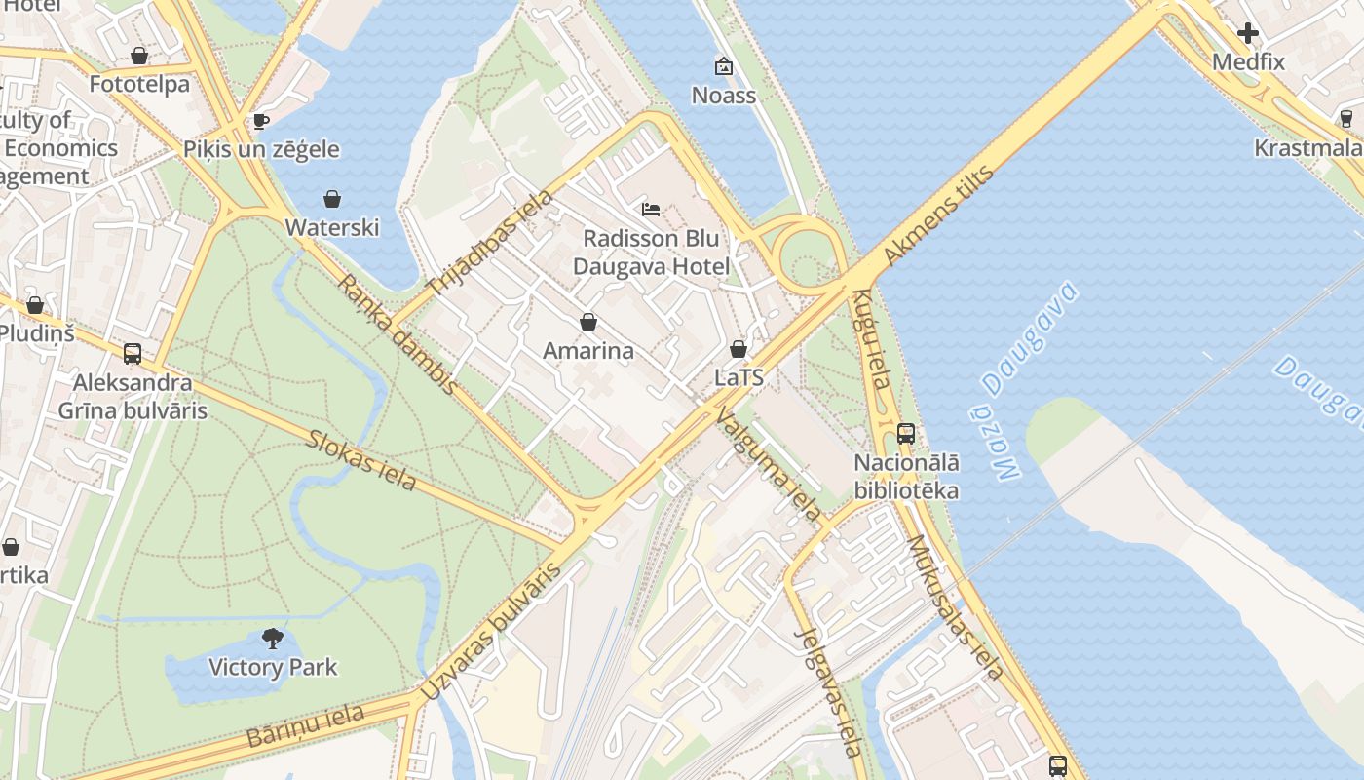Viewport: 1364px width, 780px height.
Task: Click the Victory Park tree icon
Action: pos(273,639)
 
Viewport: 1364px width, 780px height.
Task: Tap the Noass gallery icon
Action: pos(724,66)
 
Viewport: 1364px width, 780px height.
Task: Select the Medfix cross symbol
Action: pos(1247,33)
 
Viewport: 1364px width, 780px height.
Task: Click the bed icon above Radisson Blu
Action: pos(651,209)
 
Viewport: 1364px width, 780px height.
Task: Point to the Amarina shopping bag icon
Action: pos(588,322)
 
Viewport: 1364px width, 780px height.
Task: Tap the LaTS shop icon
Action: pos(739,349)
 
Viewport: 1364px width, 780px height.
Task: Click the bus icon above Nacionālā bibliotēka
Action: pos(906,434)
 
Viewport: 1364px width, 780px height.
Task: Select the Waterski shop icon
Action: pos(332,199)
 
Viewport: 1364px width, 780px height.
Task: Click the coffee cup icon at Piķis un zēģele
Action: pos(260,121)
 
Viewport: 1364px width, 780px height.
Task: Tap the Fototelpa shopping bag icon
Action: pos(139,56)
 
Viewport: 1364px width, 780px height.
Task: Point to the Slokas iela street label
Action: pos(361,459)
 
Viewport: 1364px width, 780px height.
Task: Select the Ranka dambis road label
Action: pos(398,334)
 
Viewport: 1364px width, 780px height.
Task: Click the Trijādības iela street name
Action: pos(491,243)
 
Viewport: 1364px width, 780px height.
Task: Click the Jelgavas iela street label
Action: pos(829,691)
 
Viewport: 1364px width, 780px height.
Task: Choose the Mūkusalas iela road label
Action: pos(954,606)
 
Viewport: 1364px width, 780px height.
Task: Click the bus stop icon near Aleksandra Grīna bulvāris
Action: pos(133,354)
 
